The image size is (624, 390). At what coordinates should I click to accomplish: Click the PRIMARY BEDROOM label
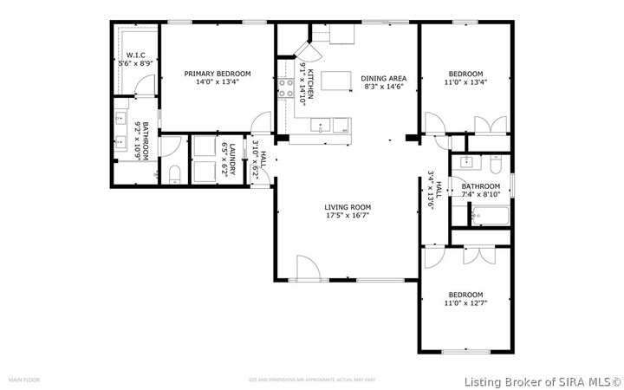[218, 74]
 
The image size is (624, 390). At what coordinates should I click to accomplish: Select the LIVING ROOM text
[348, 206]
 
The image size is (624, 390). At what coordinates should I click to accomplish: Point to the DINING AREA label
[384, 78]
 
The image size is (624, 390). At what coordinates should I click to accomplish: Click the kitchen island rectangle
[336, 81]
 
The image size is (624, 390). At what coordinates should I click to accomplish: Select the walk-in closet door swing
[147, 84]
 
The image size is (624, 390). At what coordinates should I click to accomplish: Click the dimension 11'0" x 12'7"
[465, 303]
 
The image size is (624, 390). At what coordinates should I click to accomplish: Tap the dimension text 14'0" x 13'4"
[218, 83]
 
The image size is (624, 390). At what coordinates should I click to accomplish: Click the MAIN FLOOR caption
[23, 380]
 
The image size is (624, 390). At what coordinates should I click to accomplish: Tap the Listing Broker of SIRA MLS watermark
[543, 380]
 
